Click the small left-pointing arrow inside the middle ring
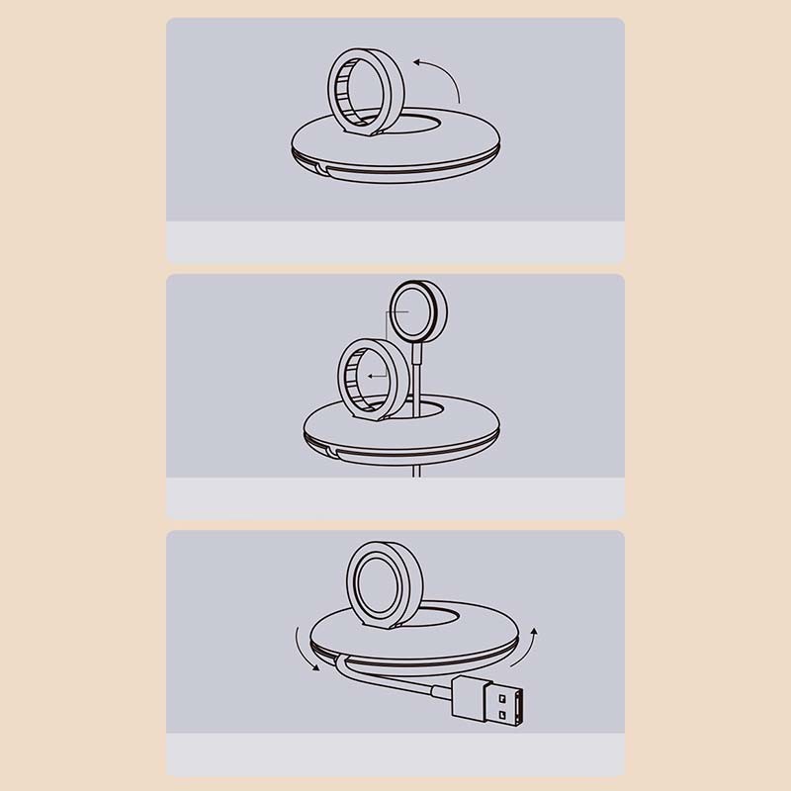372,376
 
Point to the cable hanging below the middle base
419,471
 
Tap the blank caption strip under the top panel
395,241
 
